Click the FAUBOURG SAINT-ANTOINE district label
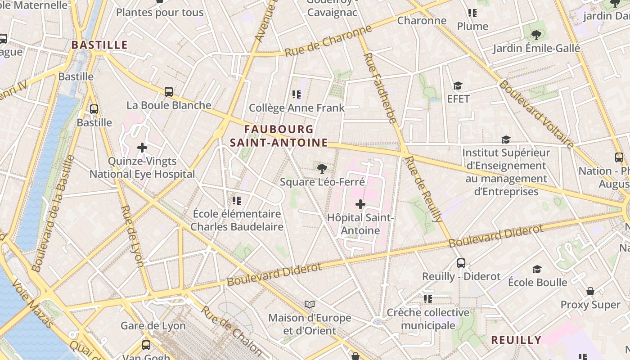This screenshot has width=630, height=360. click(x=279, y=136)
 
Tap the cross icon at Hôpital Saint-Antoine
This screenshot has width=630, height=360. click(x=360, y=205)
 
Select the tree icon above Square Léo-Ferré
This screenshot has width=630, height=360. click(x=322, y=169)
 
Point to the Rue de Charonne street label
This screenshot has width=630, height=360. click(x=328, y=41)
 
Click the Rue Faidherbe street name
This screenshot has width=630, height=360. click(x=380, y=88)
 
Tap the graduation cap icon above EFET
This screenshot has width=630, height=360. click(x=458, y=86)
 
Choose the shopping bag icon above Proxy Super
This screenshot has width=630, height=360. click(x=590, y=291)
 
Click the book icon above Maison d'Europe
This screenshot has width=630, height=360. click(x=310, y=305)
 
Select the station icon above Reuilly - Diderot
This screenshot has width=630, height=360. click(x=461, y=263)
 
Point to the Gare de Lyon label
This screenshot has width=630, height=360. click(x=153, y=325)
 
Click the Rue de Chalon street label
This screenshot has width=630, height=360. click(x=231, y=330)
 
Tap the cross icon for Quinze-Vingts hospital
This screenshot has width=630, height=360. click(x=142, y=147)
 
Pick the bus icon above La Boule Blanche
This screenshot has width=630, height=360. click(x=169, y=92)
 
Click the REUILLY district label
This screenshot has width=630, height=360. click(x=516, y=340)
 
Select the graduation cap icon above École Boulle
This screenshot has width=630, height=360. click(x=537, y=269)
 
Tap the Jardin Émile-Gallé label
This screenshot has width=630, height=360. click(x=536, y=48)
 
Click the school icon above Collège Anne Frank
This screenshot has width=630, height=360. click(x=297, y=94)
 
